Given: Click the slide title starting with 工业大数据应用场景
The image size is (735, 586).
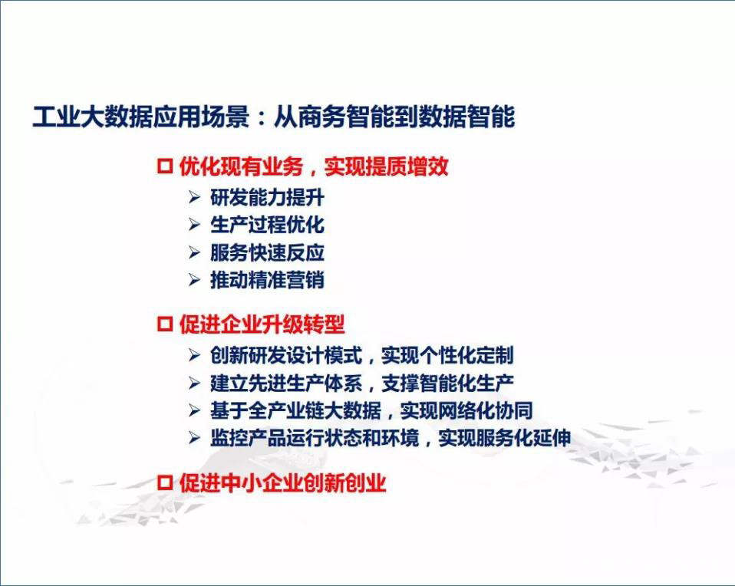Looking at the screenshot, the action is [x=274, y=117].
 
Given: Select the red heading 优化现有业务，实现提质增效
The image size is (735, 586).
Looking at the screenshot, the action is [x=314, y=166].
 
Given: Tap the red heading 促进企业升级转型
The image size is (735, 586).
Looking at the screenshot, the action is [x=262, y=324].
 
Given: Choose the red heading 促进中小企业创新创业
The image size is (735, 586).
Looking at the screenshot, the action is [x=282, y=483].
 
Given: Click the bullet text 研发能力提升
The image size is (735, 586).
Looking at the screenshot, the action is [x=267, y=197].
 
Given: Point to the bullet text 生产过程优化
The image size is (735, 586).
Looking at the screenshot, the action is [x=267, y=225].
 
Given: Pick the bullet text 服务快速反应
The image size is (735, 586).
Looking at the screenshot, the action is [x=267, y=252].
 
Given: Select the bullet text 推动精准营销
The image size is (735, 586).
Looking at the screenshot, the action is [x=267, y=280].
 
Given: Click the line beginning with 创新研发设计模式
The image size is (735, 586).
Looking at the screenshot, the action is [x=362, y=355].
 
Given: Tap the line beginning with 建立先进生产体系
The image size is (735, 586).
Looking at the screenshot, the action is [x=362, y=383].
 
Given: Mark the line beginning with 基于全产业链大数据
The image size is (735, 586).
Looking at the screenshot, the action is [x=371, y=410].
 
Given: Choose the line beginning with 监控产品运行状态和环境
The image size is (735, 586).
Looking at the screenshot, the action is [x=391, y=438].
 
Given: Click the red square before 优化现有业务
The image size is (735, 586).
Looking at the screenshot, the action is [x=164, y=166].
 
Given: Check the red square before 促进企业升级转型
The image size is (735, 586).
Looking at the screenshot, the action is [x=164, y=324].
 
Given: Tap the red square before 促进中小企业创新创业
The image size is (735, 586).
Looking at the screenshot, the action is [x=164, y=483].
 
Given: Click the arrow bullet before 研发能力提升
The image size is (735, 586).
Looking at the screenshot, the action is [x=195, y=197].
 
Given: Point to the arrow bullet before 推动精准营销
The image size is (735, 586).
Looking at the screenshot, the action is [x=195, y=280].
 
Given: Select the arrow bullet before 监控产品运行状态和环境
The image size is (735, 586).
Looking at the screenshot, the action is [x=195, y=438].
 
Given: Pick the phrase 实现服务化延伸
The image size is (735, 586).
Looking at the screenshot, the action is [x=505, y=438].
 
